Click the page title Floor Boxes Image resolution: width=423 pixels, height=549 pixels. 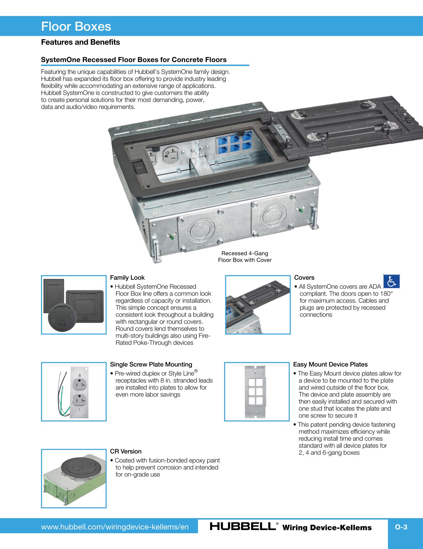coord(76,27)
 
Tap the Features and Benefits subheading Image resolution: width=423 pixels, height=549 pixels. coord(80,42)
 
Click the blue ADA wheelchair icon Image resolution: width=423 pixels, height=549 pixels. coord(391,282)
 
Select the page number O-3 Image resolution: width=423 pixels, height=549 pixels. coord(401,527)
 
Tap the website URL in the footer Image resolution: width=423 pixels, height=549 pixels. coord(115,527)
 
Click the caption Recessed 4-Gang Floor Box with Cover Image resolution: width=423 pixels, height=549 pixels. coord(245,257)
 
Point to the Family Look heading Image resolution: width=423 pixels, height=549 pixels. coord(127,277)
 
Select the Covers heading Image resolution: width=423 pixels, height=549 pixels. coord(304,277)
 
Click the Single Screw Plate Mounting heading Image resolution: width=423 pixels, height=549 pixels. coord(151,364)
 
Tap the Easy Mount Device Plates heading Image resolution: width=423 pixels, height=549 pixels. coord(330,364)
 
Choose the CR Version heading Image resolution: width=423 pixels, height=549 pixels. coord(126,451)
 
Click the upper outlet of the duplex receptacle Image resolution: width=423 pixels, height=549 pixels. coord(80,384)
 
